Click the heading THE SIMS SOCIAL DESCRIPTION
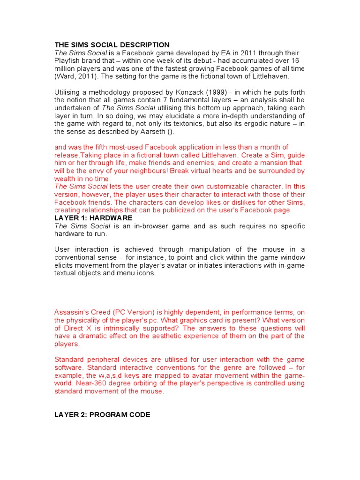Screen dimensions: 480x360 point(112,45)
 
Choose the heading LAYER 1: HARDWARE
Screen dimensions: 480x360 point(93,218)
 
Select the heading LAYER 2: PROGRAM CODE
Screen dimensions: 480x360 point(102,415)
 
